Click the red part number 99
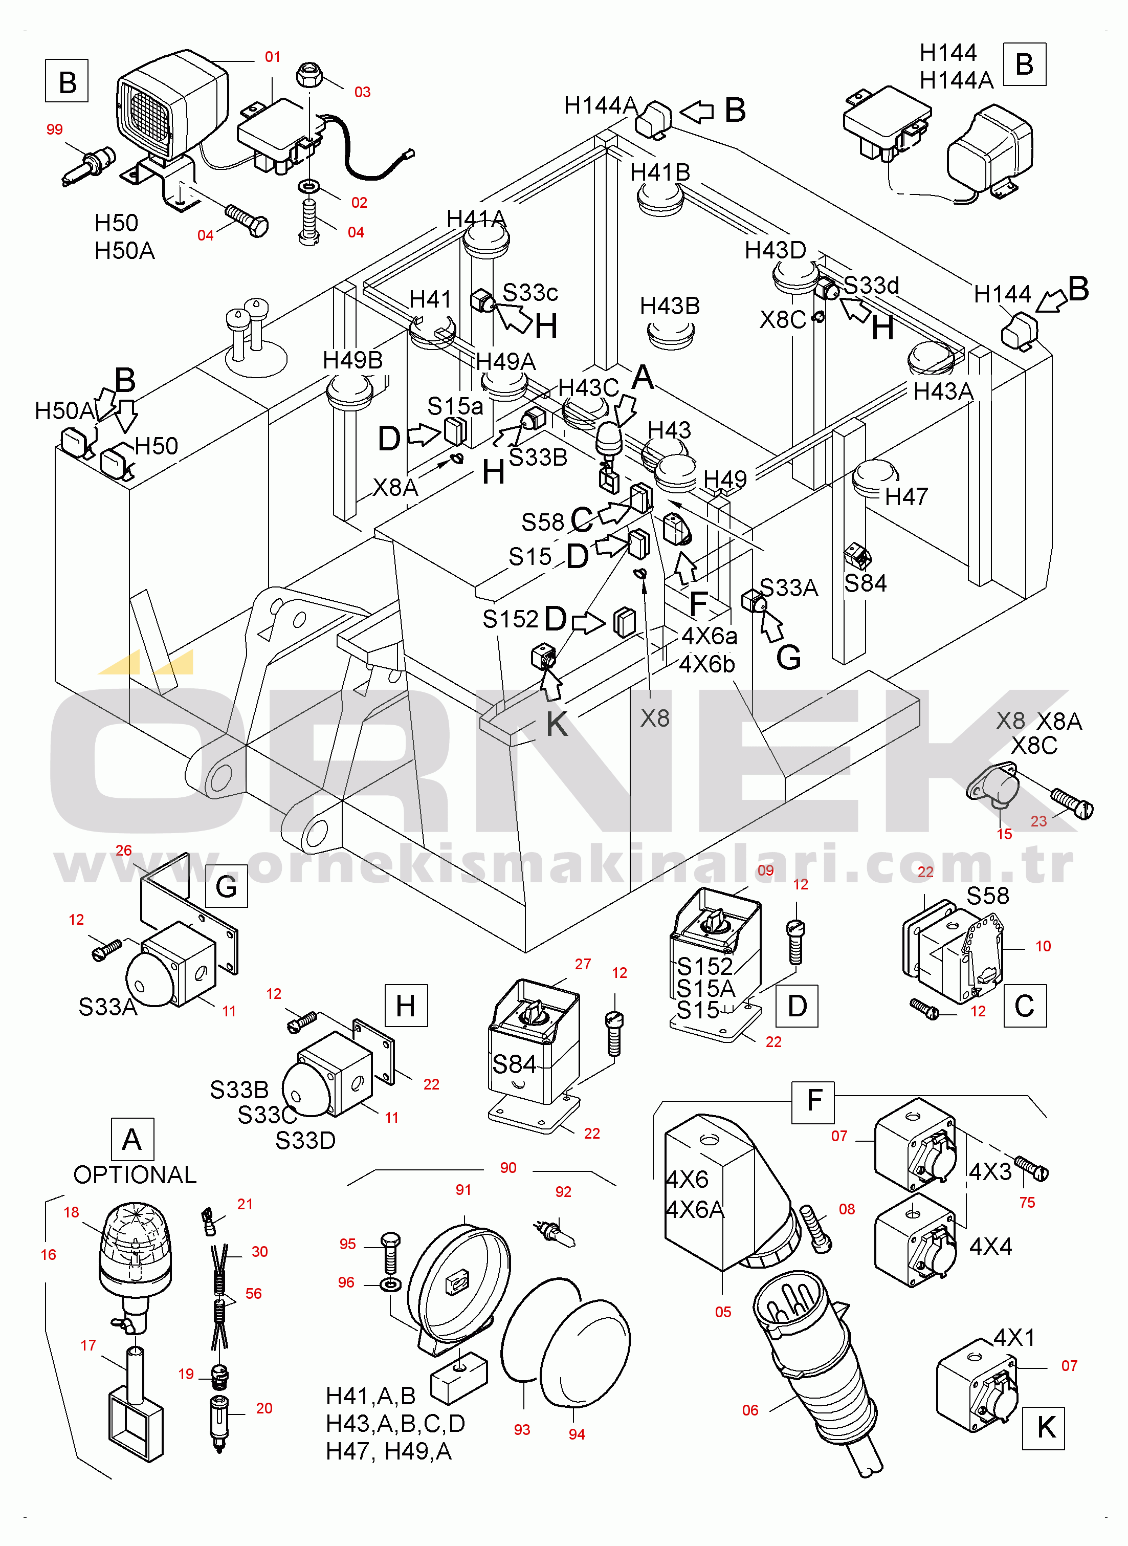pyautogui.click(x=55, y=130)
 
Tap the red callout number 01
pyautogui.click(x=273, y=57)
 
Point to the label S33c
pyautogui.click(x=530, y=293)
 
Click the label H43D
pyautogui.click(x=775, y=251)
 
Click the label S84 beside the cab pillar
pyautogui.click(x=865, y=583)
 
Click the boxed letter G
pyautogui.click(x=226, y=886)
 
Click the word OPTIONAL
pyautogui.click(x=135, y=1174)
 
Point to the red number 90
pyautogui.click(x=508, y=1168)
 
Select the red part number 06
pyautogui.click(x=750, y=1410)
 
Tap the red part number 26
pyautogui.click(x=124, y=850)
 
